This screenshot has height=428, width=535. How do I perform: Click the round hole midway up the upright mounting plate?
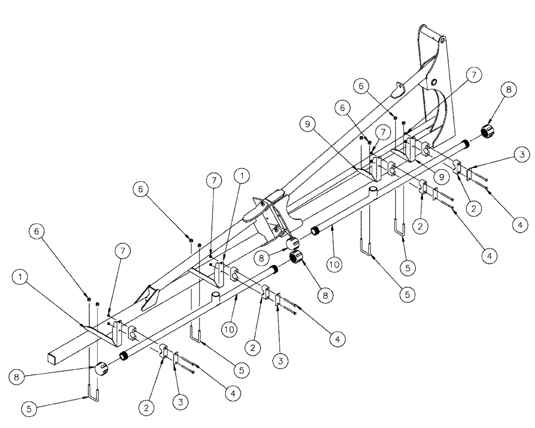(433, 81)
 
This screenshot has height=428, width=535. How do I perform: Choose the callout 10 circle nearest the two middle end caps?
(332, 264)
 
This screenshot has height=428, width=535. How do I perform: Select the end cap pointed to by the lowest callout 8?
(102, 369)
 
